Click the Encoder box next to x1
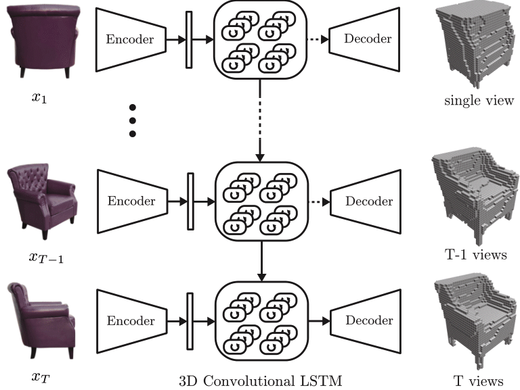click(131, 39)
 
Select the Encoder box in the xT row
click(131, 321)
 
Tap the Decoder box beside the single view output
click(364, 39)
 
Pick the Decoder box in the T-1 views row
click(366, 201)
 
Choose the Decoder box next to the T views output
click(366, 320)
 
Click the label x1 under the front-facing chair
click(39, 97)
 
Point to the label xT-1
click(46, 258)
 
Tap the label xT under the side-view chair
click(41, 377)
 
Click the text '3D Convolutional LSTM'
click(260, 381)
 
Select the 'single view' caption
click(479, 100)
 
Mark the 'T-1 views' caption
click(475, 255)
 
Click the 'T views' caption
click(478, 381)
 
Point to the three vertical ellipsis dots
click(132, 120)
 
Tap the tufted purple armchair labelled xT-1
click(42, 200)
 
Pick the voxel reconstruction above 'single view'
click(476, 45)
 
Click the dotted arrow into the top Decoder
click(318, 39)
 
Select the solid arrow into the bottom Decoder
click(319, 321)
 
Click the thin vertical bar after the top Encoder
click(189, 40)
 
